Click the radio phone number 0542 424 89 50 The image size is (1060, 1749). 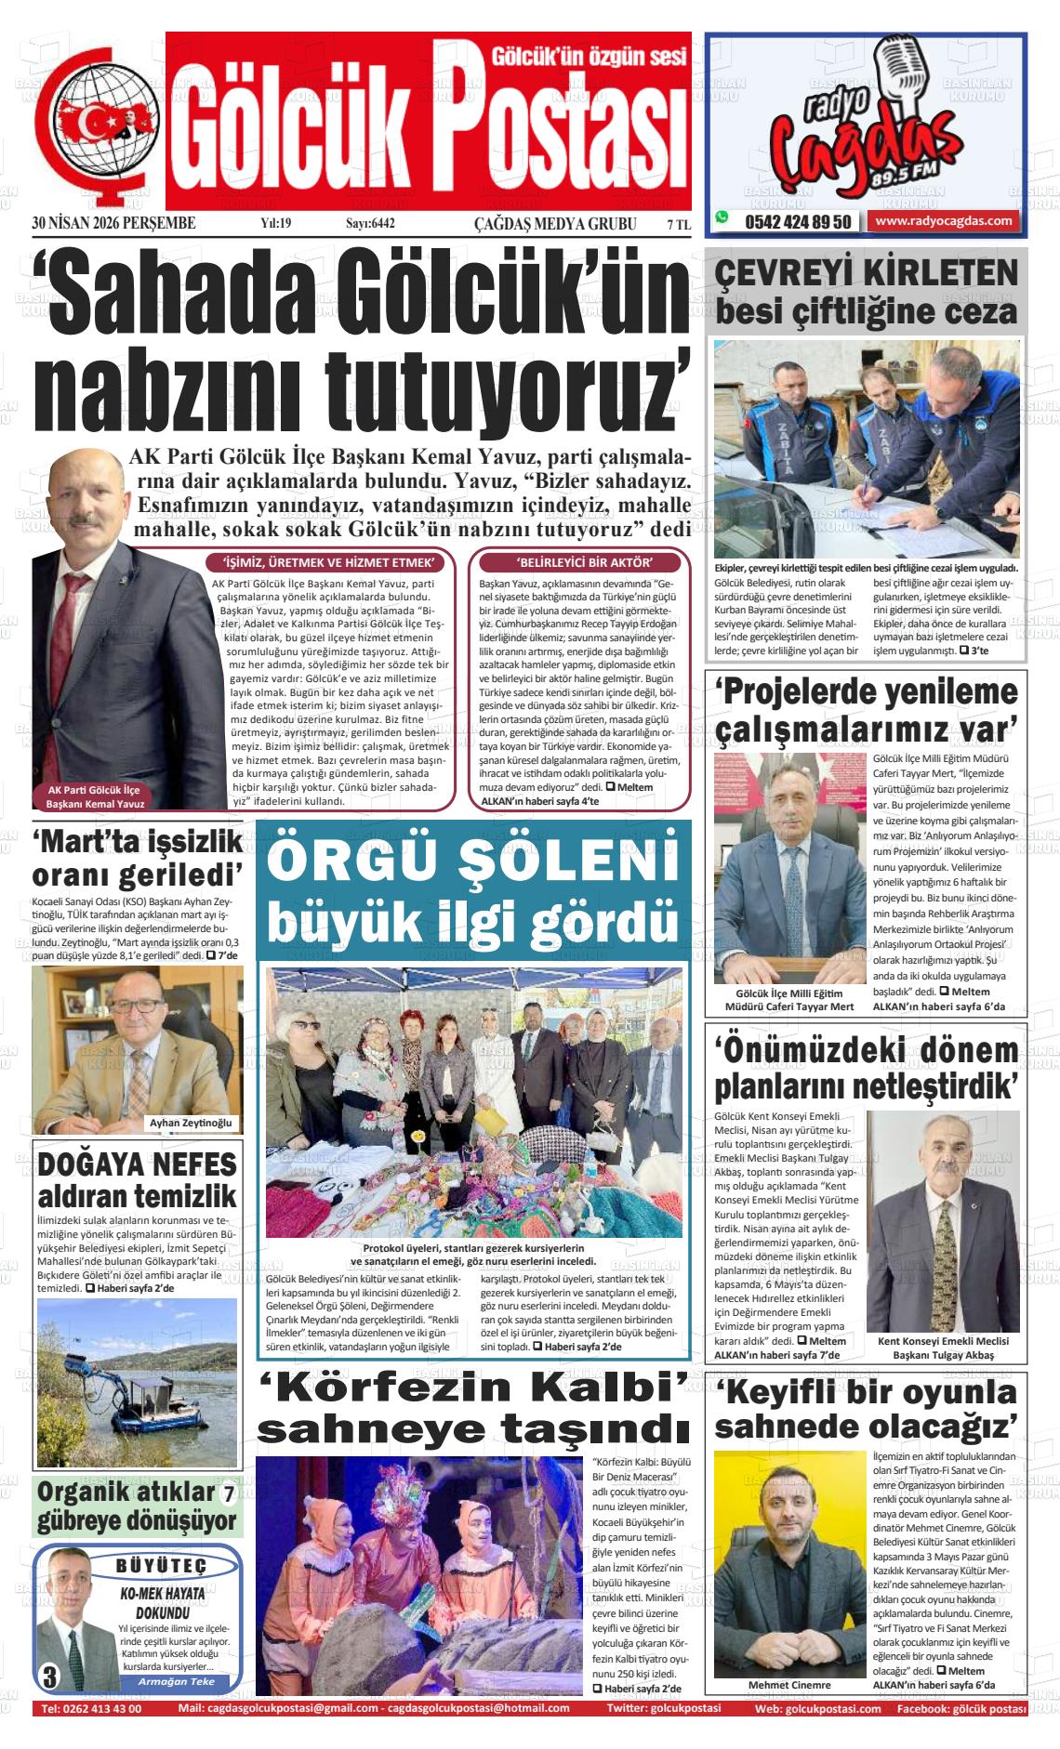(797, 222)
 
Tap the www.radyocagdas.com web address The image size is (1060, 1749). (943, 221)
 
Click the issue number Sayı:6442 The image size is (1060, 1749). (370, 223)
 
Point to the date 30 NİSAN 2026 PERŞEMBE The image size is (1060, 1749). (113, 223)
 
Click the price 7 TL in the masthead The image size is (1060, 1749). (678, 224)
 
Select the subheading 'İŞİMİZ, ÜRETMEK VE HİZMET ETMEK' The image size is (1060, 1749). (328, 563)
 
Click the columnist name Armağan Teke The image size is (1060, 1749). (176, 1682)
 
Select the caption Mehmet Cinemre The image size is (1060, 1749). (789, 1685)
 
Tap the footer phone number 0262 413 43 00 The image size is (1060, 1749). (91, 1708)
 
